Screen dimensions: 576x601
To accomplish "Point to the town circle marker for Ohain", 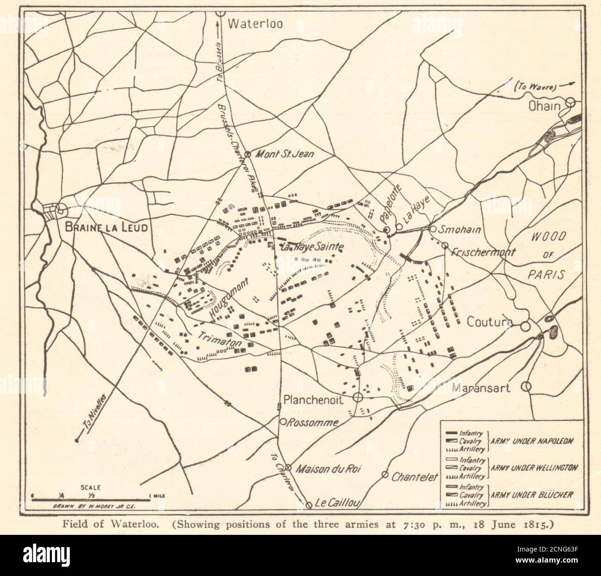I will point(571,102).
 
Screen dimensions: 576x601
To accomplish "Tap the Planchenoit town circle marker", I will point(357,397).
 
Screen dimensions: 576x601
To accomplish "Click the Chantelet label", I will point(414,477).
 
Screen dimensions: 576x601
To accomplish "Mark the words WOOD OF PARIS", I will point(548,255).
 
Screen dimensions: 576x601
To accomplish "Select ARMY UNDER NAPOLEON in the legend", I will point(531,441).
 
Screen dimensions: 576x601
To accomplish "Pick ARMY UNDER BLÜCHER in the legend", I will point(531,495).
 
